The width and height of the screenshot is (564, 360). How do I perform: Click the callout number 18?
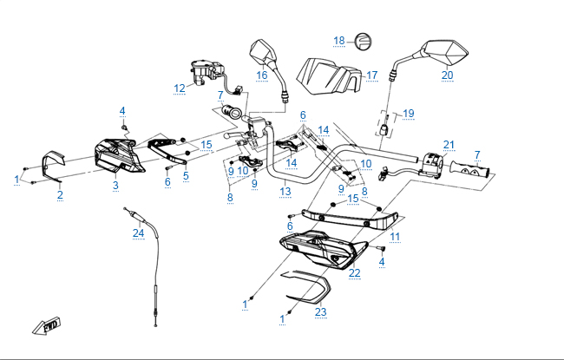(339, 41)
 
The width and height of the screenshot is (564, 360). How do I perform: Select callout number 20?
(447, 75)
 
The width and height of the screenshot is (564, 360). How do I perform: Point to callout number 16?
(261, 75)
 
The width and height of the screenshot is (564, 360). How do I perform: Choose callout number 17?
(371, 75)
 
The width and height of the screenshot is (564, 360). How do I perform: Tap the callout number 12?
(180, 88)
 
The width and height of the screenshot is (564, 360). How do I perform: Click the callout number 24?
(138, 232)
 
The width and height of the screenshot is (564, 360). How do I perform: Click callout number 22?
(354, 272)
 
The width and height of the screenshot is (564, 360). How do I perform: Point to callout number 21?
(449, 144)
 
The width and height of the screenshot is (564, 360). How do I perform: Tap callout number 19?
(409, 114)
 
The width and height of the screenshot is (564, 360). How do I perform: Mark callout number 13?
(285, 191)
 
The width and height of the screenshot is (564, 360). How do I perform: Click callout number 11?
(395, 236)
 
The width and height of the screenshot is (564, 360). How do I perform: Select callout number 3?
(115, 185)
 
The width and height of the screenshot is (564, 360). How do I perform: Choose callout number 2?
(60, 194)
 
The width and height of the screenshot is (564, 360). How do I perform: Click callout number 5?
(185, 174)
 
